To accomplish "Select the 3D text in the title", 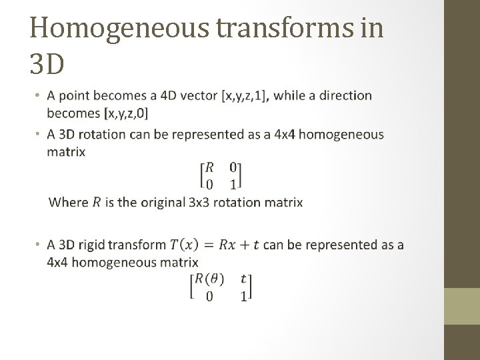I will coord(47,64).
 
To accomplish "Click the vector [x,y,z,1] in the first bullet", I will coord(245,96).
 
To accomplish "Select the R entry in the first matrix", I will coord(210,167).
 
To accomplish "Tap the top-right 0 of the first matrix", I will coord(233,167).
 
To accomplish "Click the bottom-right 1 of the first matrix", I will coord(233,183).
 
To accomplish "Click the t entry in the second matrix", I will coord(243,279).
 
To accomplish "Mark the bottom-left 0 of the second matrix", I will coord(209,296).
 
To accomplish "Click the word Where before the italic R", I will coord(69,201).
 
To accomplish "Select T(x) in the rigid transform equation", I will coord(184,245).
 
